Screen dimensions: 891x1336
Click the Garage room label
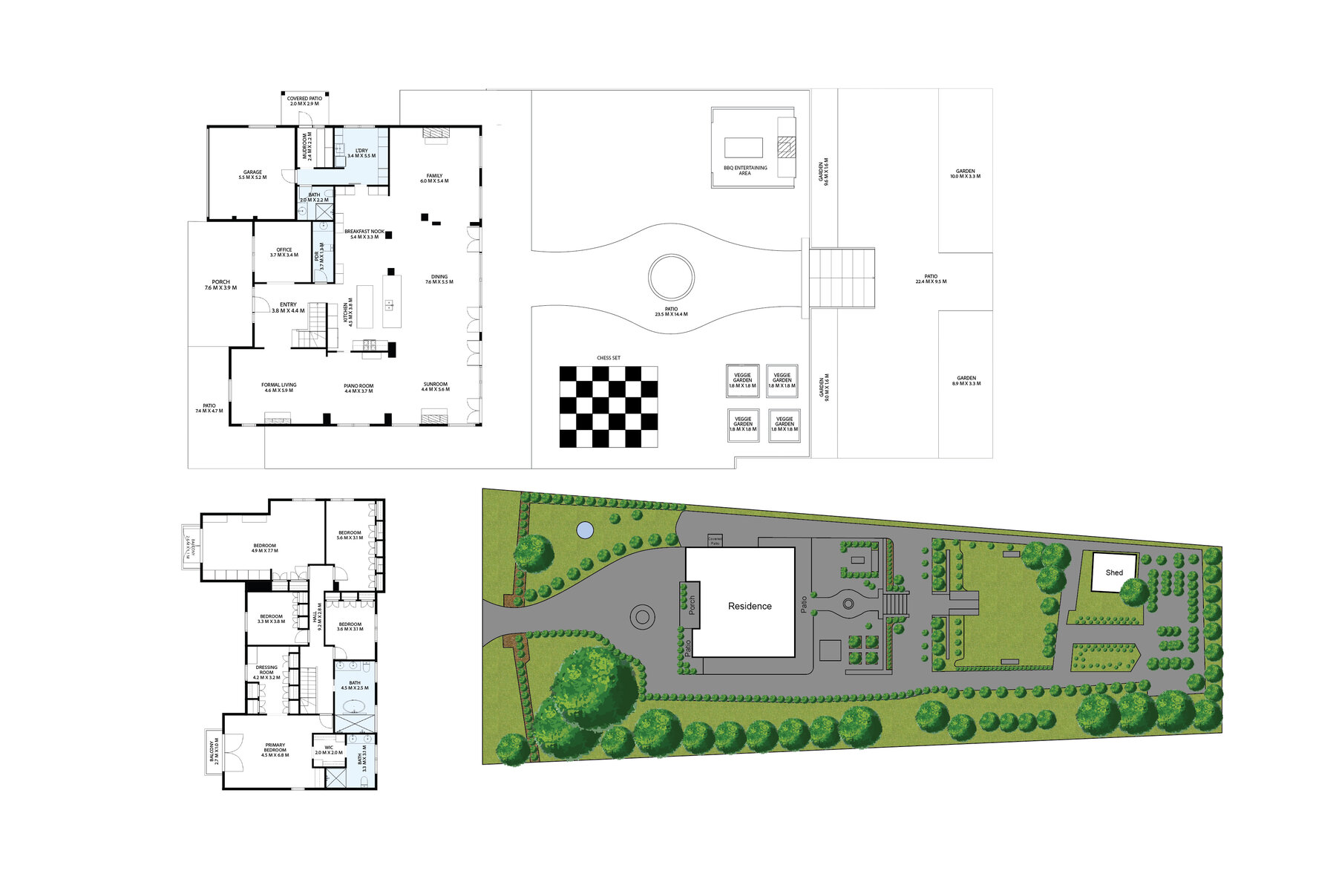point(252,174)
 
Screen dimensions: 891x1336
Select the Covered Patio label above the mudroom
point(304,100)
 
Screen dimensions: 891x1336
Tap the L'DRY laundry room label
point(361,153)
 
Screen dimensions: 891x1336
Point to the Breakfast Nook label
point(364,234)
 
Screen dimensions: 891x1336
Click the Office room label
point(284,252)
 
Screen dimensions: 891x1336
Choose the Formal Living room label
point(278,388)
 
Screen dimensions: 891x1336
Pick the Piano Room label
point(358,388)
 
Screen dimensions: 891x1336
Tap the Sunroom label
point(435,387)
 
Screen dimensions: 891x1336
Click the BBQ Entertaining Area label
point(744,170)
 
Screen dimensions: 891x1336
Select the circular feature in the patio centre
point(671,277)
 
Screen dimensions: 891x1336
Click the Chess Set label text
point(608,358)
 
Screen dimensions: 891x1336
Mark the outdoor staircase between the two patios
point(842,278)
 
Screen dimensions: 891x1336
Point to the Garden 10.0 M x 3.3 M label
point(965,174)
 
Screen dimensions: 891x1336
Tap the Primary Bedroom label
point(275,749)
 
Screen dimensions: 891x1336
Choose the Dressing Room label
point(266,672)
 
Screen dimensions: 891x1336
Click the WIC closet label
point(329,750)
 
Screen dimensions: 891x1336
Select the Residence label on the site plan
point(750,606)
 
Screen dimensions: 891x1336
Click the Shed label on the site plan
point(1114,572)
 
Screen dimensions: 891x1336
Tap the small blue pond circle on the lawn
point(585,530)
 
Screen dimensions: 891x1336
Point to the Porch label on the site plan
point(692,605)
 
